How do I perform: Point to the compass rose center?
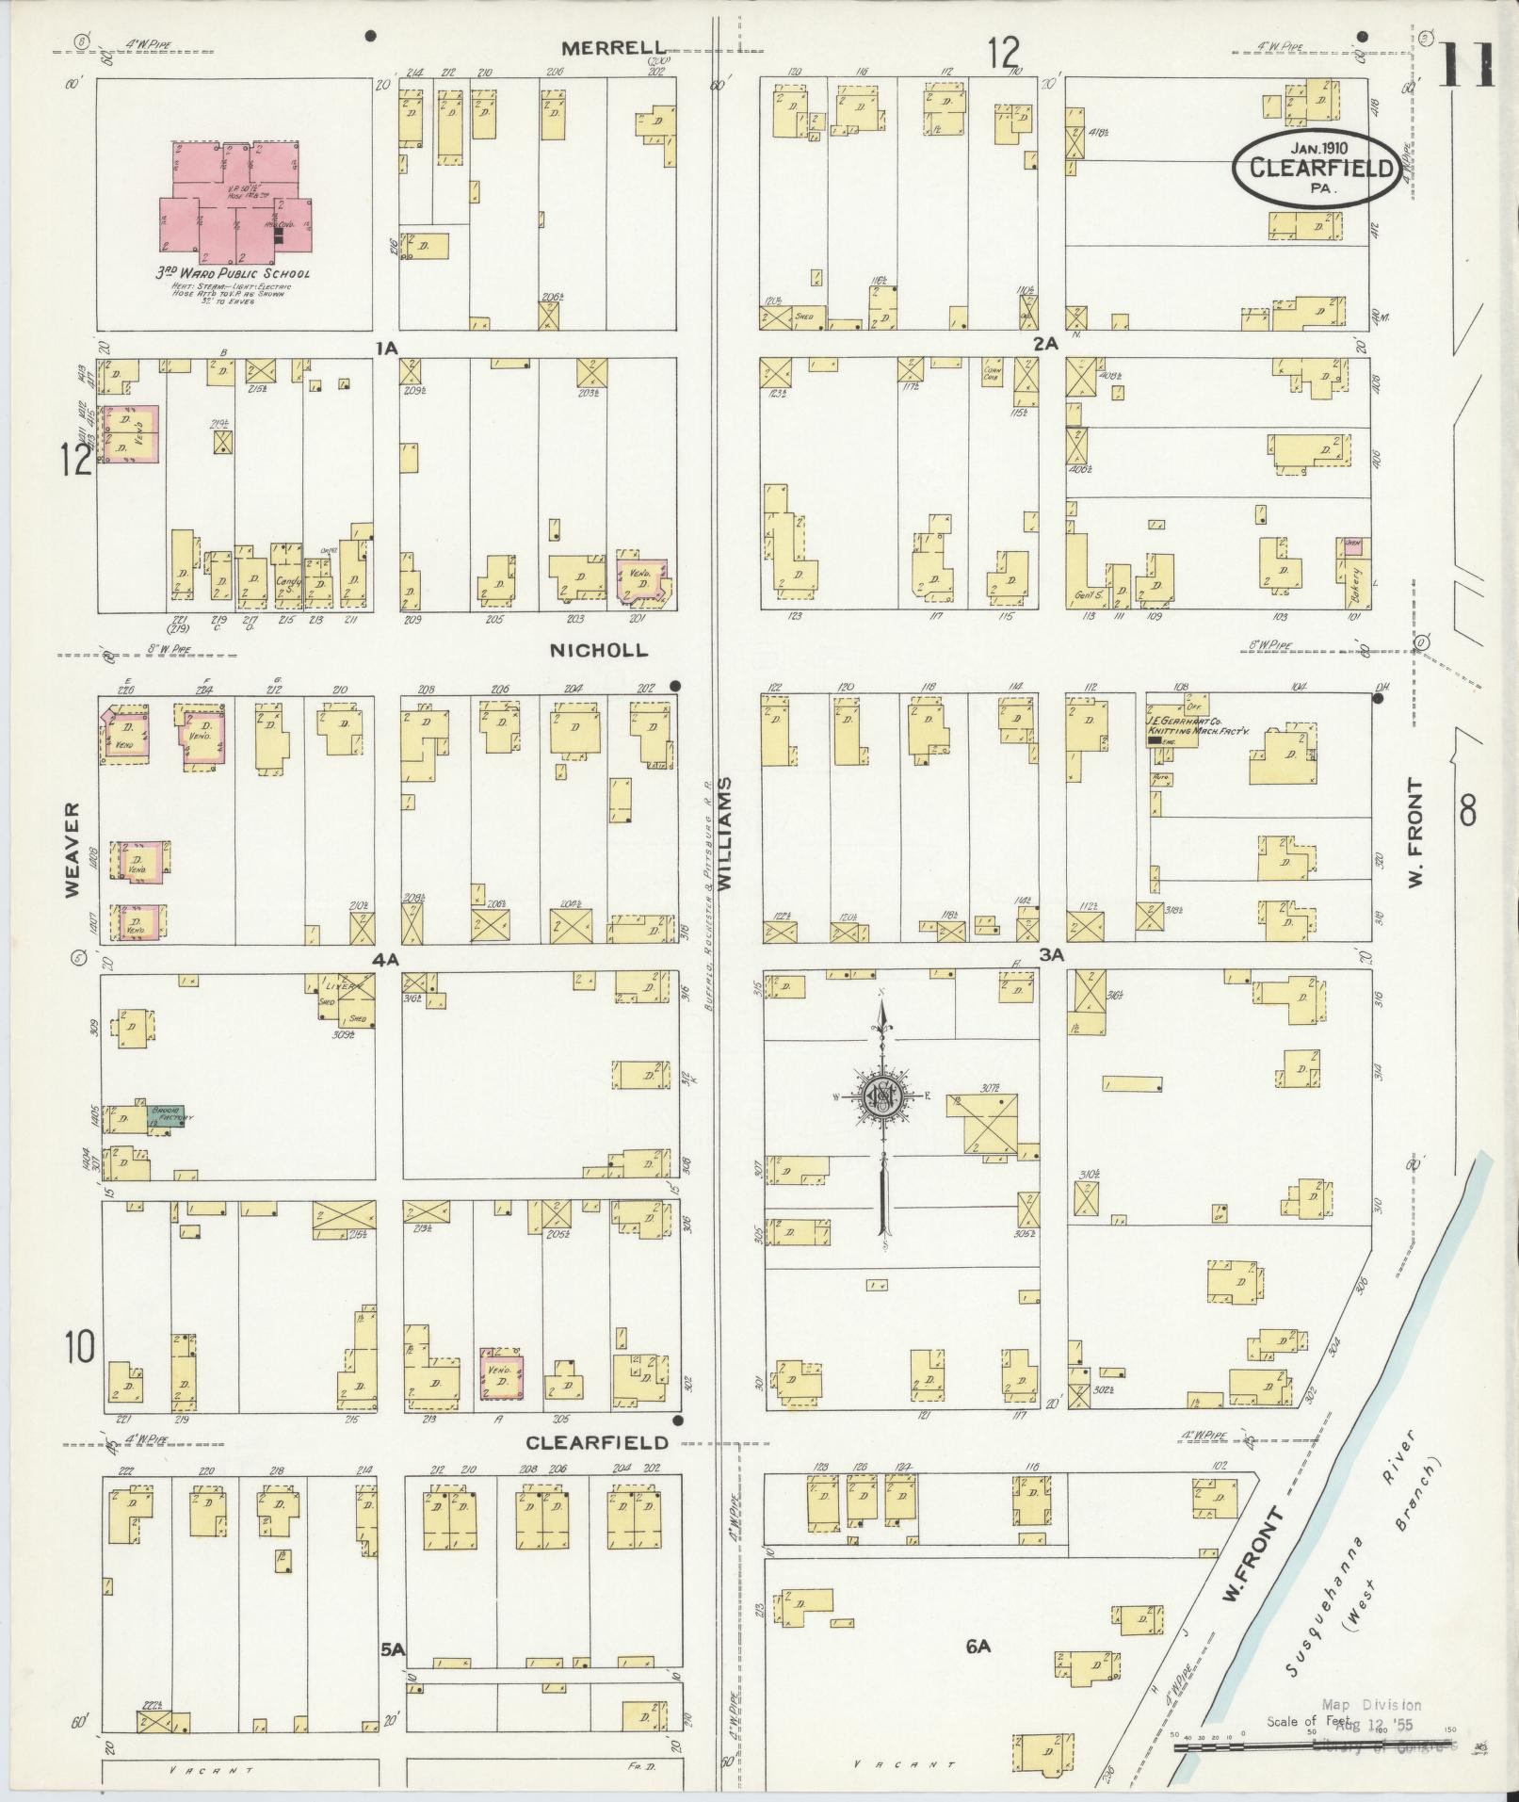(882, 1098)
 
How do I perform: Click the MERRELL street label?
(614, 48)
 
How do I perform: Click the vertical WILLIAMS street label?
(725, 834)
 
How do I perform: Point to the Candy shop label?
(286, 585)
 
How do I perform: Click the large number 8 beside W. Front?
(1467, 810)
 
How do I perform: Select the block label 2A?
(1045, 344)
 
